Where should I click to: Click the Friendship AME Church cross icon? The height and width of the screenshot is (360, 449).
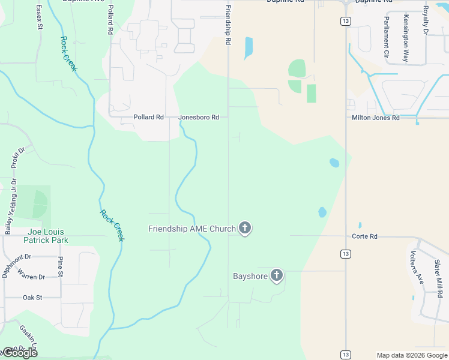pyautogui.click(x=244, y=228)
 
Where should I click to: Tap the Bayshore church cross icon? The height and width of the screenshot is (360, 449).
pyautogui.click(x=276, y=275)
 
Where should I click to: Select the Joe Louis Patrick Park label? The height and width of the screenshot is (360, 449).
pyautogui.click(x=46, y=236)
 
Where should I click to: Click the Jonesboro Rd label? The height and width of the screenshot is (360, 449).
pyautogui.click(x=199, y=118)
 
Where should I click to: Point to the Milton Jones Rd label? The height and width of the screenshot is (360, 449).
pyautogui.click(x=375, y=118)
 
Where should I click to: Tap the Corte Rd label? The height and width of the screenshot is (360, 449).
pyautogui.click(x=364, y=236)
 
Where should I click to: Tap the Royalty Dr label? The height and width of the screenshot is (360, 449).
pyautogui.click(x=425, y=19)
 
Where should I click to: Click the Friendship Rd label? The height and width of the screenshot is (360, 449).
pyautogui.click(x=229, y=26)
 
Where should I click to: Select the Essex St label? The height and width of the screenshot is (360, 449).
pyautogui.click(x=40, y=16)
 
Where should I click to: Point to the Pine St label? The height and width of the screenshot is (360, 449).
pyautogui.click(x=60, y=266)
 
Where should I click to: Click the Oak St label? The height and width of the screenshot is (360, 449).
pyautogui.click(x=32, y=297)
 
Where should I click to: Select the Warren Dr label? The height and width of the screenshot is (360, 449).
pyautogui.click(x=31, y=277)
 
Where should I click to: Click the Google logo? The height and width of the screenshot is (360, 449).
pyautogui.click(x=20, y=353)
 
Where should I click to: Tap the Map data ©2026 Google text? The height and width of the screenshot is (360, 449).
pyautogui.click(x=412, y=355)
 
